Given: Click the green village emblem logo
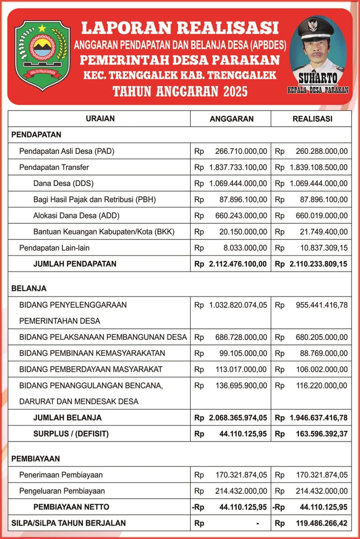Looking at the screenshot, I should (42, 55).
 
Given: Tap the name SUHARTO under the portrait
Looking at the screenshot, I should (318, 78).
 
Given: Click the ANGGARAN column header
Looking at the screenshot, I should (231, 119).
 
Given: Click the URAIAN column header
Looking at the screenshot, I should (100, 119).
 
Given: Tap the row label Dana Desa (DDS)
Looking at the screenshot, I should (63, 183).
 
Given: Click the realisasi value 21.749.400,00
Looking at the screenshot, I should (321, 232).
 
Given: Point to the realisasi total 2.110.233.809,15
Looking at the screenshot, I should (318, 264).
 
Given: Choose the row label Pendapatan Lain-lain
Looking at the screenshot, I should (53, 248).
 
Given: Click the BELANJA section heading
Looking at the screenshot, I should (29, 288).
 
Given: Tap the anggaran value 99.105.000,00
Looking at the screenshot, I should (243, 353).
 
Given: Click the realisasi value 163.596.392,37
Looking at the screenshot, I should (321, 434).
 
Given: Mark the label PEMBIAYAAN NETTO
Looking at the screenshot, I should (71, 507).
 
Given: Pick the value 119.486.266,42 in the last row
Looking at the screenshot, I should (321, 523).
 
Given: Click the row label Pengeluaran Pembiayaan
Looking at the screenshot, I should (62, 491).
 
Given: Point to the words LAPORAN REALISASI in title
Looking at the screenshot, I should (180, 28).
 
